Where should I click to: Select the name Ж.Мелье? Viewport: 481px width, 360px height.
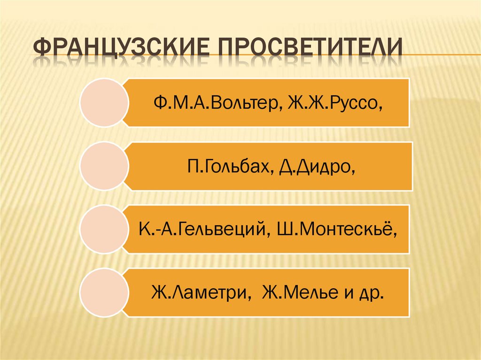coord(300,293)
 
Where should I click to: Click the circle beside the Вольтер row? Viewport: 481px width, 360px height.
coord(104,103)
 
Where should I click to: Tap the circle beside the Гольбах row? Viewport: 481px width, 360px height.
coord(104,166)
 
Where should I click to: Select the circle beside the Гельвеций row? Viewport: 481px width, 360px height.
coord(104,230)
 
